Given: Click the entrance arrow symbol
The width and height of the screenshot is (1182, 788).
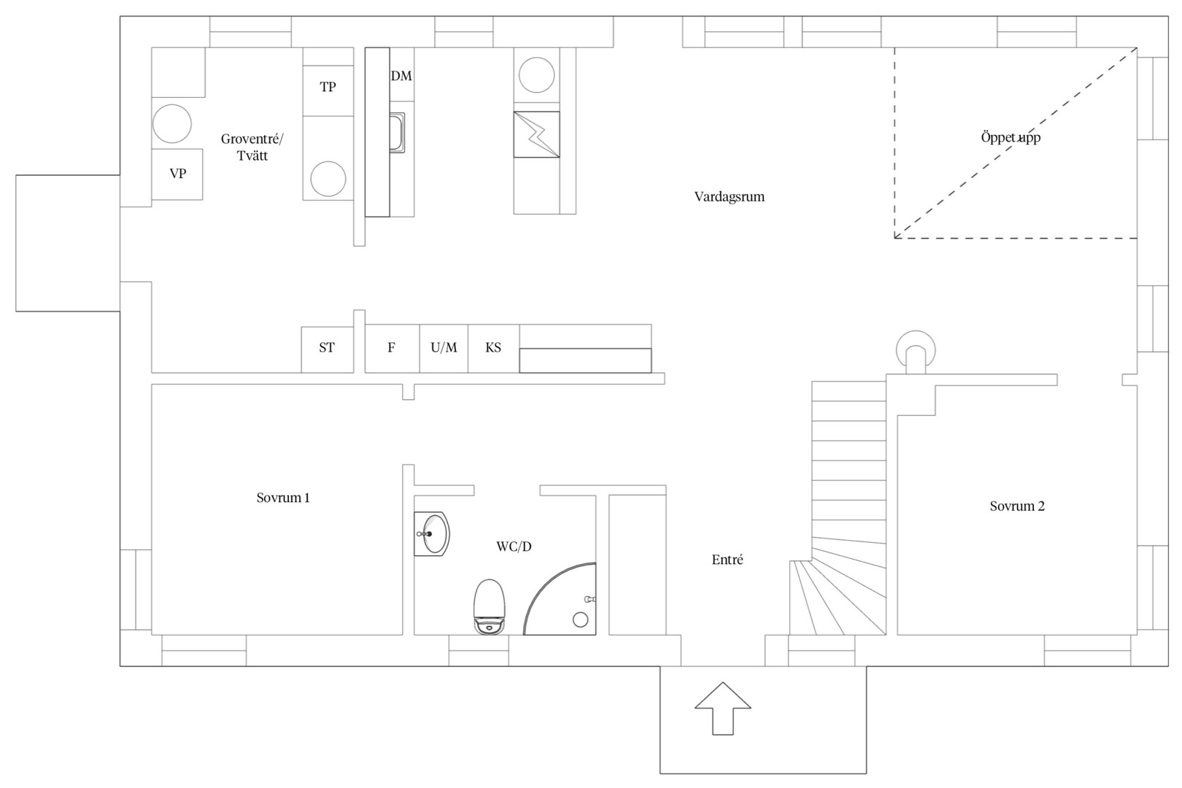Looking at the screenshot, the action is point(722,708).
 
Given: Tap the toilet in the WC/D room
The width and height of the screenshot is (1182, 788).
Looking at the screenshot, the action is point(489,607).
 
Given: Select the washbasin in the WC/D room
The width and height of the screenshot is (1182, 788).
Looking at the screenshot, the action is point(432,533).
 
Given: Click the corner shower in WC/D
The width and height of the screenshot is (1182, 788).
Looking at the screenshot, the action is point(560,598).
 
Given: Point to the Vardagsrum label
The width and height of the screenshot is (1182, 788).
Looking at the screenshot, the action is point(729,197).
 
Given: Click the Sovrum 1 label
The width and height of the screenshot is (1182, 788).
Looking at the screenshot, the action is point(283,498).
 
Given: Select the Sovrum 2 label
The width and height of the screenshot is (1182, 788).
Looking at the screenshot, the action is point(1017,506).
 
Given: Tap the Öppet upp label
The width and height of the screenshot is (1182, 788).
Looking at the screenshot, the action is point(1011,138).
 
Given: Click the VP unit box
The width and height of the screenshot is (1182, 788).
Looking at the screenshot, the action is point(177,174).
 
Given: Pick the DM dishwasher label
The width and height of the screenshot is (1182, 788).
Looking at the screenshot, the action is point(401,76).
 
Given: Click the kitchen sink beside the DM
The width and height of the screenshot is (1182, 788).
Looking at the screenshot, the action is point(398,133).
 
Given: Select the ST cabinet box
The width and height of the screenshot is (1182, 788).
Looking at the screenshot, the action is point(327,349).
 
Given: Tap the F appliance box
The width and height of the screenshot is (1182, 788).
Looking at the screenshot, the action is point(392,348).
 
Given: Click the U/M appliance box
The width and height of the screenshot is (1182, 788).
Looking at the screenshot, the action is point(444,348).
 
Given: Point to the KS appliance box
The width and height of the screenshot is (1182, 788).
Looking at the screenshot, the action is point(493,348).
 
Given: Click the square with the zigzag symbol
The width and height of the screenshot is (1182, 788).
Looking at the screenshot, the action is point(537,134).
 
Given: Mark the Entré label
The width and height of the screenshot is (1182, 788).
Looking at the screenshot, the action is point(727,560).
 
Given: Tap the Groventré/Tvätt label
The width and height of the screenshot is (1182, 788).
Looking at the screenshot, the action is point(252,147).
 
